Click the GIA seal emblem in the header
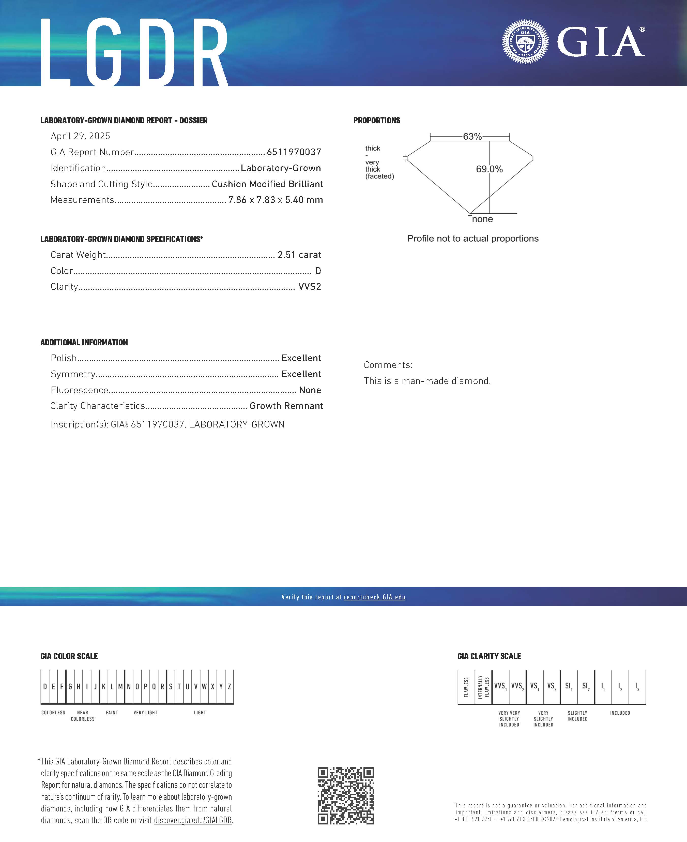click(525, 41)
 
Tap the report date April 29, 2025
click(80, 136)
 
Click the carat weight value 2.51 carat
click(299, 255)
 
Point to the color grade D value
click(318, 271)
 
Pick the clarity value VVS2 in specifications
click(310, 287)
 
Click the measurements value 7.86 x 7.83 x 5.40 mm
click(276, 200)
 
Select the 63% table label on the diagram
click(472, 137)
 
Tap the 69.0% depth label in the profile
click(489, 169)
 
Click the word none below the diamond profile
click(482, 219)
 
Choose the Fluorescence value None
click(310, 390)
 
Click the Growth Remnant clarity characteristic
click(286, 406)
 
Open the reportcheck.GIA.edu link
click(374, 597)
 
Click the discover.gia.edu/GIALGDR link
click(193, 820)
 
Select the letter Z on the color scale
click(229, 687)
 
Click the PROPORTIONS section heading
click(376, 120)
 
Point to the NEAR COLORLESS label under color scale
click(83, 716)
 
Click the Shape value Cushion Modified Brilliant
click(267, 184)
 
